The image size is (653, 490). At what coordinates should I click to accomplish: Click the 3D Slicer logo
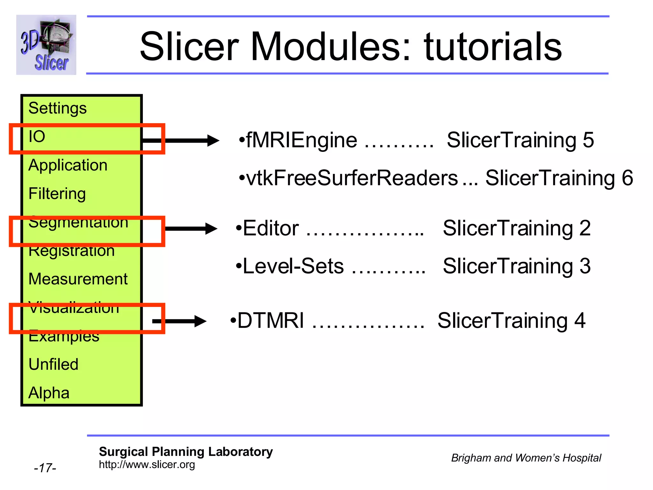click(x=46, y=45)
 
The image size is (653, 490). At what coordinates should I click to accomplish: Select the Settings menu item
click(x=57, y=108)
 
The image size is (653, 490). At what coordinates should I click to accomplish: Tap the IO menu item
click(x=37, y=137)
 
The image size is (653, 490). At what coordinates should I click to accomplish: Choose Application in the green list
click(x=68, y=165)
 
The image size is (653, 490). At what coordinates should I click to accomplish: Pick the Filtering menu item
click(x=57, y=194)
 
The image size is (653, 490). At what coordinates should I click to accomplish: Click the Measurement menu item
click(x=78, y=279)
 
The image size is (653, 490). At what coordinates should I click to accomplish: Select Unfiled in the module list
click(x=53, y=364)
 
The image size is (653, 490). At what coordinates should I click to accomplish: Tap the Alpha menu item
click(x=49, y=393)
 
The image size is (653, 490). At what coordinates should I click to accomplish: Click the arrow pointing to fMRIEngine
click(x=188, y=140)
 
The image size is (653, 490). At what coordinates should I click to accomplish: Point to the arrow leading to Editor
click(x=191, y=228)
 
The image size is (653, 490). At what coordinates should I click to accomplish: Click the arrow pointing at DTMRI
click(x=180, y=321)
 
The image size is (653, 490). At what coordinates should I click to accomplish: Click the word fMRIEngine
click(x=301, y=140)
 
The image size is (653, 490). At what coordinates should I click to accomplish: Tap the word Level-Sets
click(x=293, y=266)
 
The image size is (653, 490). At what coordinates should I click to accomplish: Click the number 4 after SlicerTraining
click(x=580, y=321)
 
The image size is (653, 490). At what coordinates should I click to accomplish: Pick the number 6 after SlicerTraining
click(x=627, y=178)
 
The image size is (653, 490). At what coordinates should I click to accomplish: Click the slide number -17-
click(x=45, y=468)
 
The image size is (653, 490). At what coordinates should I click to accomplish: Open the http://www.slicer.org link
click(x=147, y=465)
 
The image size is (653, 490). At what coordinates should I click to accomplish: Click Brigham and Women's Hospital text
click(x=526, y=458)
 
